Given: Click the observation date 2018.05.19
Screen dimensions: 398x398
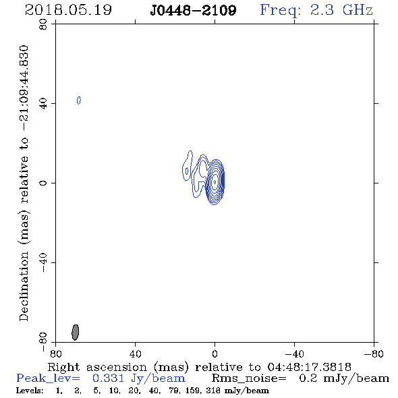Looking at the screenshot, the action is (x=68, y=10).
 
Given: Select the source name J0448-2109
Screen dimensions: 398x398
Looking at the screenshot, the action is (x=193, y=11).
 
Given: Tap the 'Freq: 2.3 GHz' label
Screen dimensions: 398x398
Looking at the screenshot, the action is (x=316, y=10).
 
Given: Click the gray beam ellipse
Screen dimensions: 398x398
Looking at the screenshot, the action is (x=75, y=332).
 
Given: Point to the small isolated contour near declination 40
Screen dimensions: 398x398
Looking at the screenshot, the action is (x=79, y=101).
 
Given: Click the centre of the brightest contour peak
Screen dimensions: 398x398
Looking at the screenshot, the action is (x=215, y=181).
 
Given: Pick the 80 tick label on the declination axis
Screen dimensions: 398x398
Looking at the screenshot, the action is (x=43, y=24).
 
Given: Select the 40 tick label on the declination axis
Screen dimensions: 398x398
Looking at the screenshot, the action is (x=43, y=104).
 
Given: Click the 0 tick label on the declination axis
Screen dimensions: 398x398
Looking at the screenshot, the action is (x=43, y=183).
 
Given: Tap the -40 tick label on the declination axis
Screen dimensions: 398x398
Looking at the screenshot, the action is (x=43, y=262).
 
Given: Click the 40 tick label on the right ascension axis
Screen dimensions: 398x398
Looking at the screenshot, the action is (x=135, y=354).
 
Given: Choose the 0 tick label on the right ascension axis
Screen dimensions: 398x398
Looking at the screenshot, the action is (x=215, y=354).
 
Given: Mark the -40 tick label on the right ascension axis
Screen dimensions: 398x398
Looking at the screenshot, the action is (x=294, y=354).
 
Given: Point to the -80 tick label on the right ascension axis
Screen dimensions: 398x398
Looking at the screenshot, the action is (x=374, y=354).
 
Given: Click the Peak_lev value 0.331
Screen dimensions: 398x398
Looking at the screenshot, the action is (x=109, y=378).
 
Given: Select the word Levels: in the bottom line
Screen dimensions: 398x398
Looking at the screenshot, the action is (x=30, y=391).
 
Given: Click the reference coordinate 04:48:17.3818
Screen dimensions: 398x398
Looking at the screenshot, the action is (x=309, y=367).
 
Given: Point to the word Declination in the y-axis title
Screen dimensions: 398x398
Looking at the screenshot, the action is (x=24, y=286).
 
